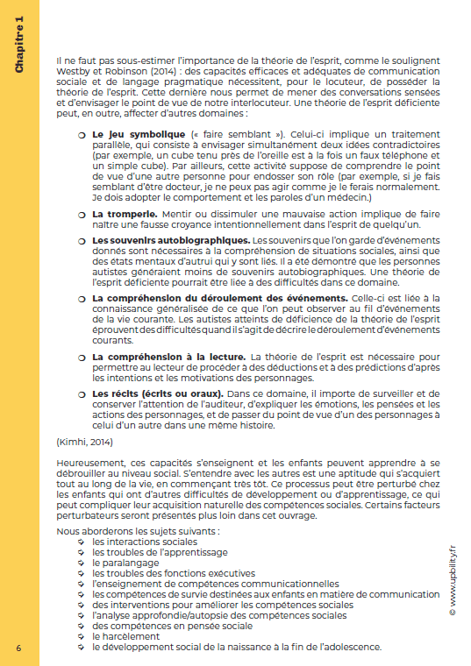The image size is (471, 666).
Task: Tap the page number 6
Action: [18, 647]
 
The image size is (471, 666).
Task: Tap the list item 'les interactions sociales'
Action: [145, 542]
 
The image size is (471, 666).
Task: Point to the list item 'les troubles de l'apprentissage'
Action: [160, 552]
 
